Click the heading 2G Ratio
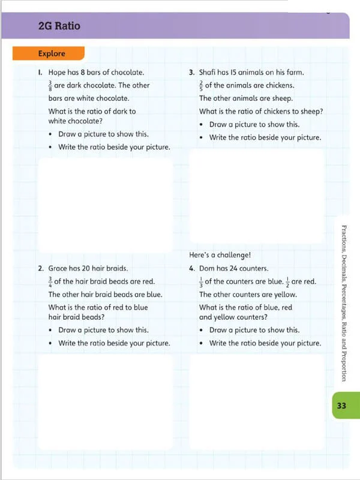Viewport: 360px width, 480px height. coord(58,26)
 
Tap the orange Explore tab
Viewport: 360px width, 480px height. coord(52,53)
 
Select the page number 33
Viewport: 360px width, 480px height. coord(341,406)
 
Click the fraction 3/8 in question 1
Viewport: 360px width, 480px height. coord(50,85)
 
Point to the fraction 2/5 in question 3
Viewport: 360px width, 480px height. coord(202,85)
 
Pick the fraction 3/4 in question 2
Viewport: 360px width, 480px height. coord(50,281)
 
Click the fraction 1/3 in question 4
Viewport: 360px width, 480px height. coord(202,281)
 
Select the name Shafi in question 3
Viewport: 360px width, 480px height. coord(209,73)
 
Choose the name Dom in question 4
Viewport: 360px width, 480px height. coord(207,269)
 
